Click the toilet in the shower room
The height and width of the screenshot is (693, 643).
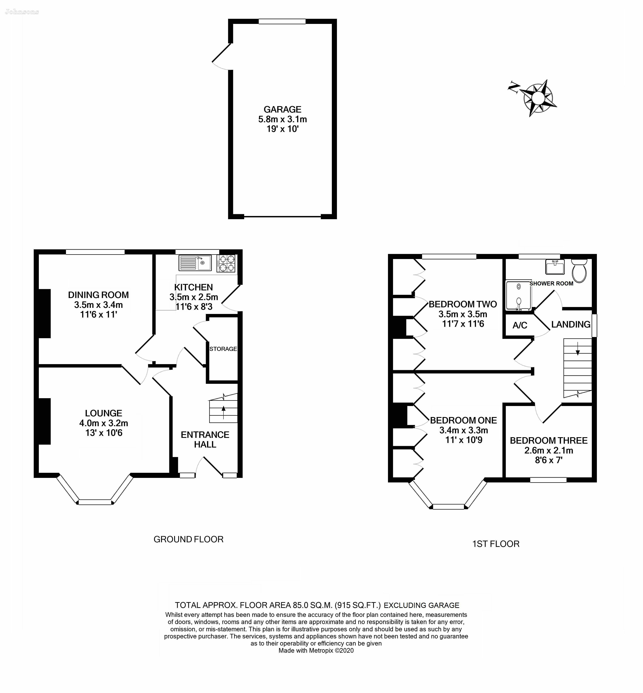(x=579, y=270)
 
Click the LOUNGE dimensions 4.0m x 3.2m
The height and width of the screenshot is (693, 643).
(x=104, y=423)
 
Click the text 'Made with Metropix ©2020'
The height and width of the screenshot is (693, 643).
(x=316, y=650)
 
